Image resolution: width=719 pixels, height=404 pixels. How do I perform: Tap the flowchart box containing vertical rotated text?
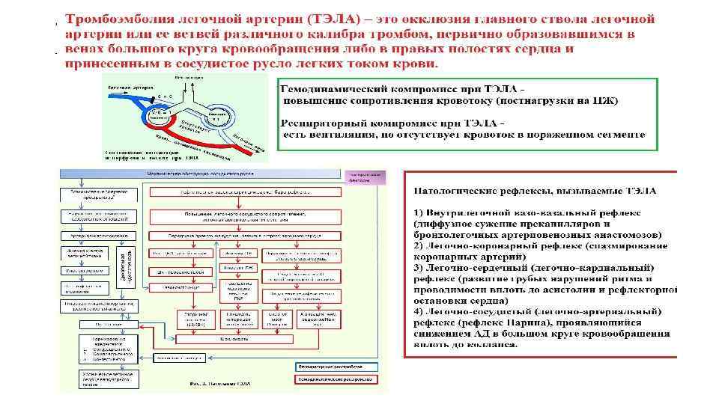125,261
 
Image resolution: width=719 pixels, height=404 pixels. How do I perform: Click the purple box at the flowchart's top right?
366,177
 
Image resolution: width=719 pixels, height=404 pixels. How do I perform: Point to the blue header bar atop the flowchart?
201,172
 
